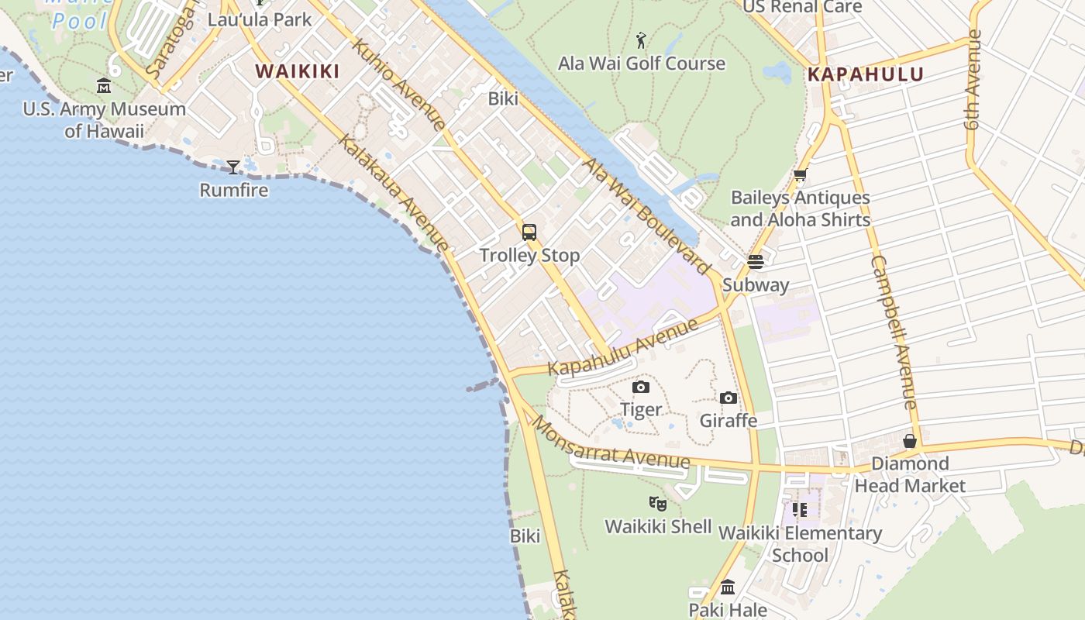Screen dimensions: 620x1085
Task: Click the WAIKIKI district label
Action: (x=298, y=71)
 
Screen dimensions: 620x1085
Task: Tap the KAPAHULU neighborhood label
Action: (x=866, y=74)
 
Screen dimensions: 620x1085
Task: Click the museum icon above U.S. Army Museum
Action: (x=104, y=86)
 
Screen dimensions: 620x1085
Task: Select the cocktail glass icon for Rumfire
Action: (x=233, y=167)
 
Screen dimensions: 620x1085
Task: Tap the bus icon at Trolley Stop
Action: (x=529, y=232)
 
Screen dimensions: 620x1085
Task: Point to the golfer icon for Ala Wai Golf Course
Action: (x=641, y=40)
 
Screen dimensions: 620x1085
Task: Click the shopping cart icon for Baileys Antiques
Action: (x=800, y=175)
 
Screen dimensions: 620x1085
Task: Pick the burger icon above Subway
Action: (x=756, y=262)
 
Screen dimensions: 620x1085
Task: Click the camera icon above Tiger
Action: (x=641, y=387)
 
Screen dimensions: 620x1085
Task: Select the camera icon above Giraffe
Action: (x=728, y=398)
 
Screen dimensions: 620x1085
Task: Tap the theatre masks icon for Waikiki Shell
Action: (x=658, y=504)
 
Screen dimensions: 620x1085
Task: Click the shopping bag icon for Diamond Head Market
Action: (x=910, y=441)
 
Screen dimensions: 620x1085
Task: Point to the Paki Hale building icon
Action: (x=727, y=587)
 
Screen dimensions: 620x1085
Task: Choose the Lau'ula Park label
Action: (x=260, y=19)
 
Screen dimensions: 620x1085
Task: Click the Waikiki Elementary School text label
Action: (x=800, y=544)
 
